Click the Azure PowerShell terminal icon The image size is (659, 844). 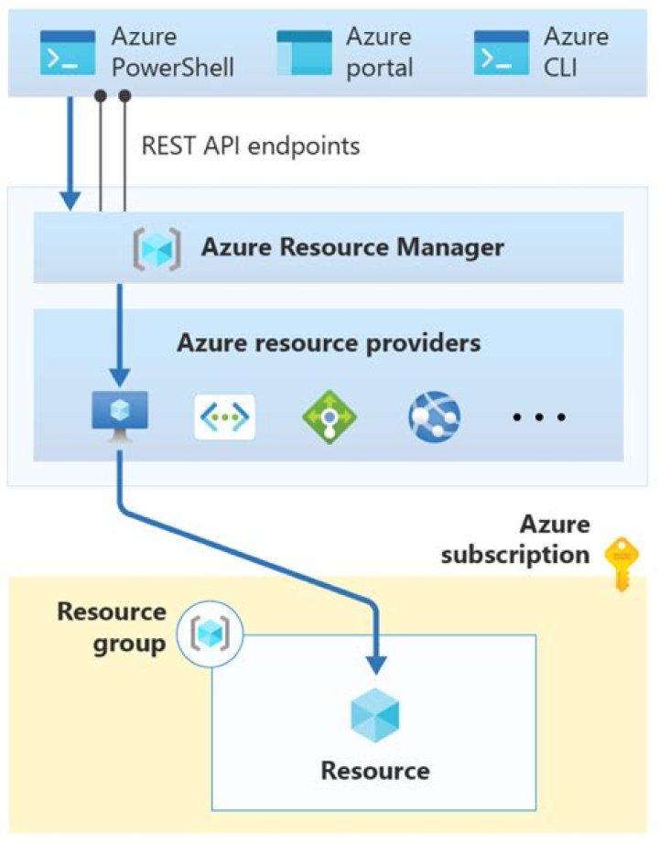coord(68,52)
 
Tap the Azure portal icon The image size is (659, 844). coord(305,52)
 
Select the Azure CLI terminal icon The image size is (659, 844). coord(502,52)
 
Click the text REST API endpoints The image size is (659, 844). coord(251,146)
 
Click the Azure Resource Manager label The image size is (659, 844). coord(352,247)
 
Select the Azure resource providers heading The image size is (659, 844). coord(329,343)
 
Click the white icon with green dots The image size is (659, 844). coord(224,417)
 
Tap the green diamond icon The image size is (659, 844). coord(329,417)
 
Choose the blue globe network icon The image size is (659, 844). coord(434,417)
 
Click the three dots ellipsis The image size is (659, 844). coord(539,417)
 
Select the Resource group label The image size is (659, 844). coord(112,627)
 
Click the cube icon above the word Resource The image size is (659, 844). coord(375,714)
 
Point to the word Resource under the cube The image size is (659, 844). coord(375,770)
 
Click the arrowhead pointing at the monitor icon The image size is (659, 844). coord(119,377)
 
